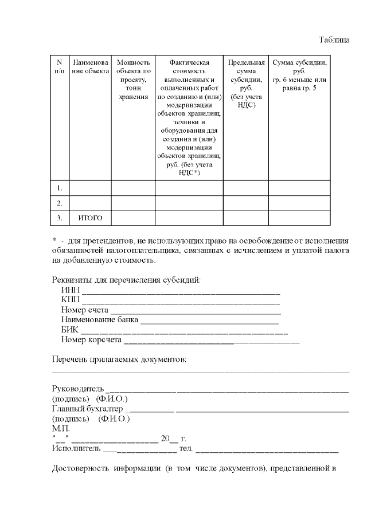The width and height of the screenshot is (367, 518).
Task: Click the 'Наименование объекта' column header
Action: pyautogui.click(x=89, y=66)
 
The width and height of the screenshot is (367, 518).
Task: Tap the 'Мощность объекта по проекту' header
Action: pyautogui.click(x=133, y=80)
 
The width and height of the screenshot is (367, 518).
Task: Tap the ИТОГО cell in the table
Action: pyautogui.click(x=89, y=218)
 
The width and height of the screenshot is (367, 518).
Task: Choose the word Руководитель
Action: pyautogui.click(x=78, y=389)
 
